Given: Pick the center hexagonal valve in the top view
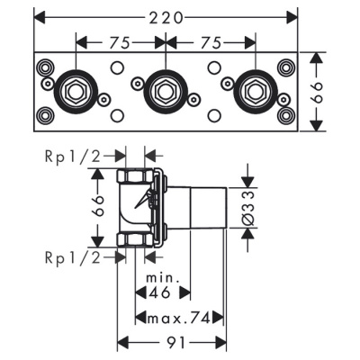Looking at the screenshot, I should pyautogui.click(x=163, y=90).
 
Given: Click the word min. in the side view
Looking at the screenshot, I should pyautogui.click(x=165, y=276).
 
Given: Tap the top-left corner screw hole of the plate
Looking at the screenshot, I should pyautogui.click(x=43, y=67).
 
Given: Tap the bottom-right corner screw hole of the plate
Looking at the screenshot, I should pyautogui.click(x=286, y=115).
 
